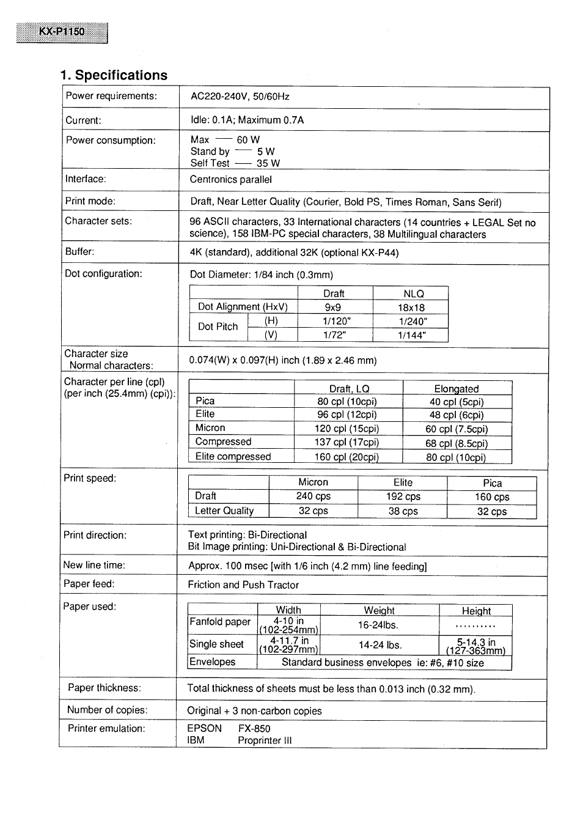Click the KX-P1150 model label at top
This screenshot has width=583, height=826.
[62, 32]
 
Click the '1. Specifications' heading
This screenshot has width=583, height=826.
[114, 75]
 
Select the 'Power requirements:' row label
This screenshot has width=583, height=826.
[111, 96]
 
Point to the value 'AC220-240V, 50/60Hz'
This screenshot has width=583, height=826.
[240, 97]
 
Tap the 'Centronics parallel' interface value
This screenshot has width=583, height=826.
[230, 180]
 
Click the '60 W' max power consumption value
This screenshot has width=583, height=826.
[248, 140]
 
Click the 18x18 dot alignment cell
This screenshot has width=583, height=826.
[411, 308]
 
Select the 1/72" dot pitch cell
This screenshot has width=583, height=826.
[334, 335]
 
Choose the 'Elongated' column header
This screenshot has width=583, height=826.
[456, 389]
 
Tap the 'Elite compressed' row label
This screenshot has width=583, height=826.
[233, 457]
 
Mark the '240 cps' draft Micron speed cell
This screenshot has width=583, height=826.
[313, 496]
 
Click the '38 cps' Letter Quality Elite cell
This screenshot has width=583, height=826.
[403, 511]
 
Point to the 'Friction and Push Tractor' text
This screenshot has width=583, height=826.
[243, 585]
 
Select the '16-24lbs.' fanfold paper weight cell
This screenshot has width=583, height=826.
[378, 625]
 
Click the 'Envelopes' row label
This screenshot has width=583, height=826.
[212, 662]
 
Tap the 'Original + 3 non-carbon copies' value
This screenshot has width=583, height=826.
[254, 711]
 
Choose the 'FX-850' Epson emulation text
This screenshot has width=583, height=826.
[254, 729]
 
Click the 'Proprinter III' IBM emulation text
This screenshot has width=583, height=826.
[265, 740]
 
